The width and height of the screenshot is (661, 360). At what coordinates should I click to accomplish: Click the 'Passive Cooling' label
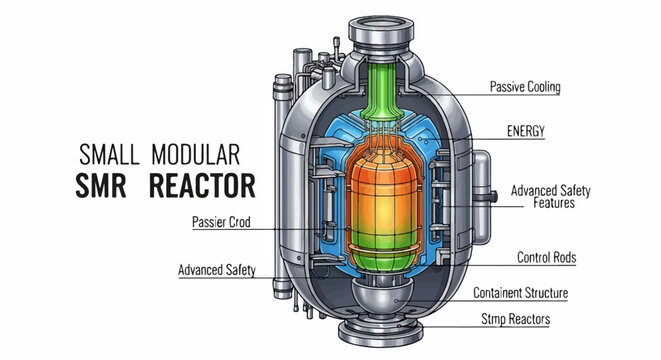tap(524, 87)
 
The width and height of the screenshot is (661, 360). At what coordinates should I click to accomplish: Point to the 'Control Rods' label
tap(547, 257)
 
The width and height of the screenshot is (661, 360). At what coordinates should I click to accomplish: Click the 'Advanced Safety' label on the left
tap(219, 270)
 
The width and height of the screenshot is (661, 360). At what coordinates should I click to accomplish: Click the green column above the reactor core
tap(379, 95)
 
